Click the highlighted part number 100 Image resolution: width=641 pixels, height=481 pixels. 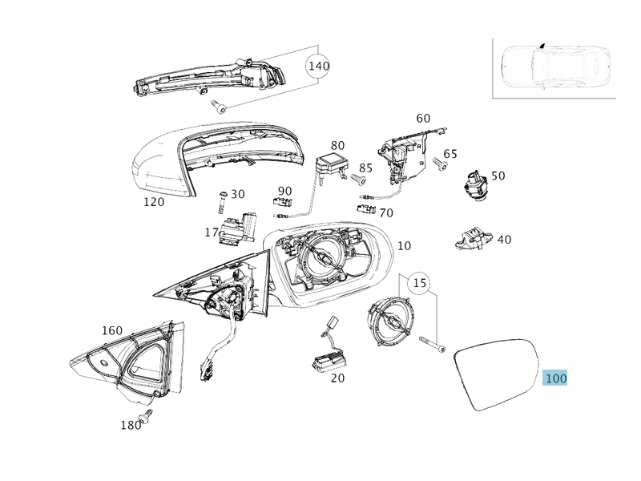coord(554,378)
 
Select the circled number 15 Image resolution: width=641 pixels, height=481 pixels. coord(419,281)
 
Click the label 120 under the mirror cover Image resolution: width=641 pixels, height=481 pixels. coord(153,202)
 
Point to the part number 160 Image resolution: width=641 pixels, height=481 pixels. coord(112,330)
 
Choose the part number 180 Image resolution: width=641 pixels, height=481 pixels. coord(130,425)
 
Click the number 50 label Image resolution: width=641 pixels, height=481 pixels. coord(498,176)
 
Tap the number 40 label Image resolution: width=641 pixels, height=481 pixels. coord(504,239)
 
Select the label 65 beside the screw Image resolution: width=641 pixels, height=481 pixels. coord(450,154)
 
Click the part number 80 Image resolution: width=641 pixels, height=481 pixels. coord(338,145)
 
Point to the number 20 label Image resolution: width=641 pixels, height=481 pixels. coord(338,378)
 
